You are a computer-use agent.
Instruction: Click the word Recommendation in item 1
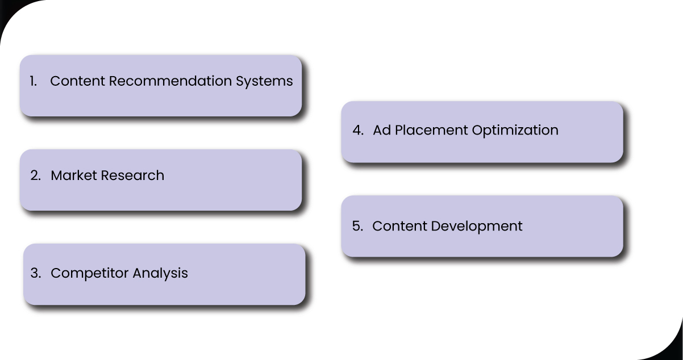coord(171,81)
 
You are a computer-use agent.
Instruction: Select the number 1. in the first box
coord(34,81)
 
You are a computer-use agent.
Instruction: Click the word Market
coord(74,175)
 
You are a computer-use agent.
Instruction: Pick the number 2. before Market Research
coord(36,175)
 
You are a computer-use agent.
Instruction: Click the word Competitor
coord(90,273)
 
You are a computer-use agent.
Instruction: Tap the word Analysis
coord(160,273)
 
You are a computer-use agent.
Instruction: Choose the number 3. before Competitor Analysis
coord(36,273)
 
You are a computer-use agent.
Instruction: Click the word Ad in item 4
coord(381,130)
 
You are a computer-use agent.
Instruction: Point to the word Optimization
coord(515,131)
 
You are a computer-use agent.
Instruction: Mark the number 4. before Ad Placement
coord(358,130)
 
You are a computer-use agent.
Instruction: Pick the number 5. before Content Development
coord(357,226)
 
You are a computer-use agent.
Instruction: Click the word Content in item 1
coord(78,81)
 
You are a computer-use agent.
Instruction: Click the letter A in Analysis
coord(137,273)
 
